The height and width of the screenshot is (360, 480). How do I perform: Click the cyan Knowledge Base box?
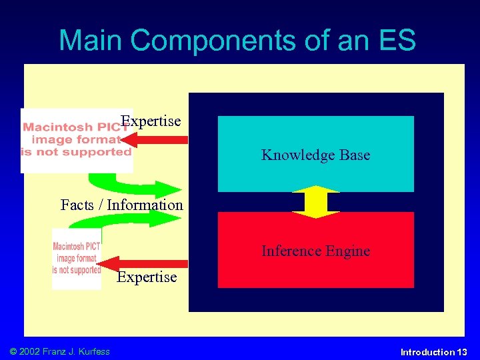[x=315, y=154]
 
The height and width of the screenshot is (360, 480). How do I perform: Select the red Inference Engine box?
[x=315, y=251]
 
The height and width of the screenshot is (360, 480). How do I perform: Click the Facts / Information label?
[x=121, y=205]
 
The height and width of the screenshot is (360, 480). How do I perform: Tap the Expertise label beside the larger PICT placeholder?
[x=151, y=121]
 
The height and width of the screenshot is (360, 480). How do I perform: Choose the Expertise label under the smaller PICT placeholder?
[x=147, y=277]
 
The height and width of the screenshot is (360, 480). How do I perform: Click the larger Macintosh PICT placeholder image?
[x=76, y=141]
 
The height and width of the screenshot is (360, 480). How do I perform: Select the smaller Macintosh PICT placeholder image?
[x=77, y=259]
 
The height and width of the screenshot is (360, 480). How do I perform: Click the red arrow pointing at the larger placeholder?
[x=156, y=140]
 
